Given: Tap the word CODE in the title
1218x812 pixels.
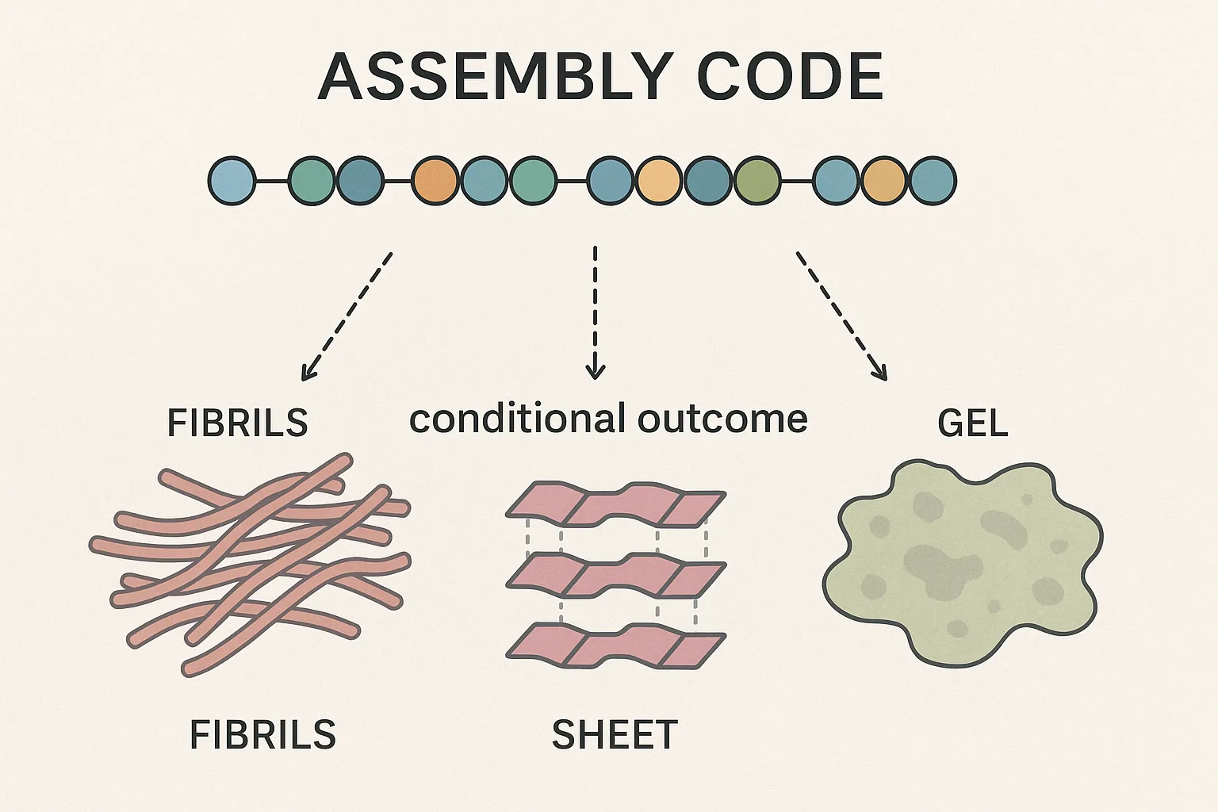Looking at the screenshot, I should (x=790, y=77).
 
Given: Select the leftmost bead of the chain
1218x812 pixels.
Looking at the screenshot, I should (x=232, y=181).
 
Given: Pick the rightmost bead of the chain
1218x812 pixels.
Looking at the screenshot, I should (x=933, y=181).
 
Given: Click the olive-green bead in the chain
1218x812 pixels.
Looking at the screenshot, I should (x=757, y=181).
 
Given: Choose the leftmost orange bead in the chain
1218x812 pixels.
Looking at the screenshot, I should (x=435, y=181).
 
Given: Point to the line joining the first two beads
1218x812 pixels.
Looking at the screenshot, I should (x=272, y=181).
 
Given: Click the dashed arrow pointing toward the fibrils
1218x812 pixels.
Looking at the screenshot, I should (x=347, y=316).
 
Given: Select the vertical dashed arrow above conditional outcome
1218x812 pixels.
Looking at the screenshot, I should (x=595, y=313).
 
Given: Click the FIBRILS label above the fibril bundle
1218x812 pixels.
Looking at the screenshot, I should (x=237, y=423).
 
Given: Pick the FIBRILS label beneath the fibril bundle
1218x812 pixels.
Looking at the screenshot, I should (x=262, y=735).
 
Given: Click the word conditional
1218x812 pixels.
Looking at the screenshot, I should (x=511, y=418).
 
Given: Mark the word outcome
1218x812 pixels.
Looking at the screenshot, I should (x=722, y=418).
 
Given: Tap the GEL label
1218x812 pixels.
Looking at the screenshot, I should (x=972, y=423).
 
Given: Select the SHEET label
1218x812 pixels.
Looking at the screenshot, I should (x=615, y=735).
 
